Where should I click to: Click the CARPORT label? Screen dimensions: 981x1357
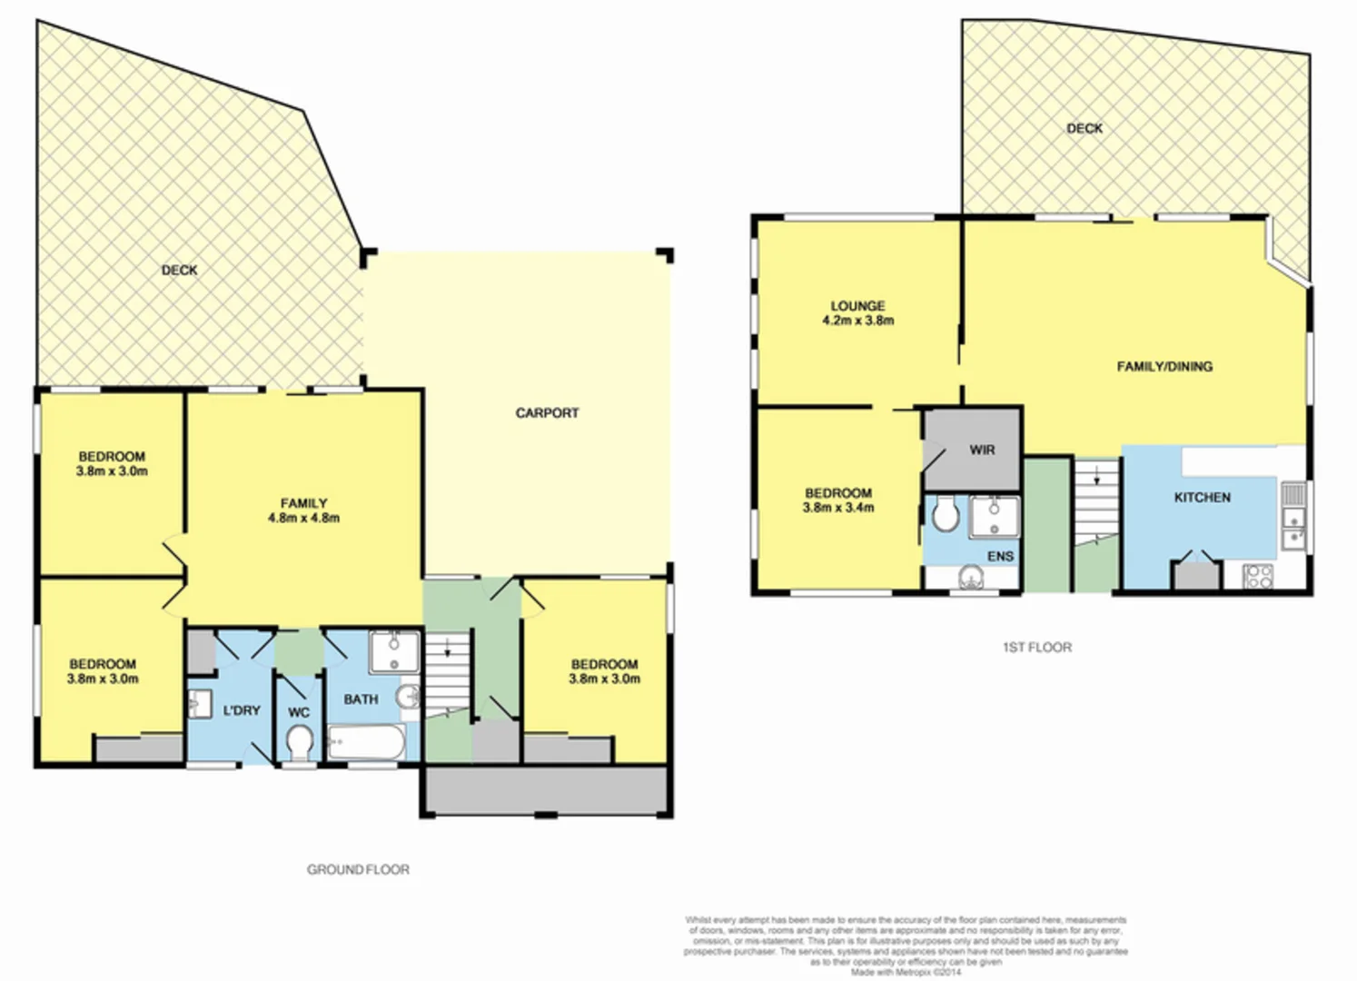(x=547, y=413)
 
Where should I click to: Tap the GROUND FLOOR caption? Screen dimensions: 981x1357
(x=358, y=869)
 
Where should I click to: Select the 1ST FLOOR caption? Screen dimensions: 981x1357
(x=1036, y=648)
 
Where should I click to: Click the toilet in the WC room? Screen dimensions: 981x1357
(x=298, y=746)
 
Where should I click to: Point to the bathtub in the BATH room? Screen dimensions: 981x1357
(x=366, y=742)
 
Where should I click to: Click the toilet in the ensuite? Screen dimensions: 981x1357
(x=946, y=515)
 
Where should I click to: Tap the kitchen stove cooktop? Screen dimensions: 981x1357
(x=1258, y=576)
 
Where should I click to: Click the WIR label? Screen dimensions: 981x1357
(x=982, y=450)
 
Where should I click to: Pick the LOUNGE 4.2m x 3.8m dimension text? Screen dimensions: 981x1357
(x=857, y=321)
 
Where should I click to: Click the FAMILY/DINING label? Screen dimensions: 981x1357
(x=1164, y=367)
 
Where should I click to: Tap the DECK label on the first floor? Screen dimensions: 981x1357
(x=1085, y=129)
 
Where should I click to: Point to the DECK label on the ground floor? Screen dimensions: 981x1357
(x=179, y=271)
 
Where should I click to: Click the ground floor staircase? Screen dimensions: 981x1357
(x=449, y=672)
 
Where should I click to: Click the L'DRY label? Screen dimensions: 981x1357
(x=242, y=710)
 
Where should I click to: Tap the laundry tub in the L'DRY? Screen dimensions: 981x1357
(x=199, y=704)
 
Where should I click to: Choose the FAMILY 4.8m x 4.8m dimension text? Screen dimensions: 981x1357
(x=303, y=518)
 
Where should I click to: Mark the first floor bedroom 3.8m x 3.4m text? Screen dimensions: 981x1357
(x=837, y=508)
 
